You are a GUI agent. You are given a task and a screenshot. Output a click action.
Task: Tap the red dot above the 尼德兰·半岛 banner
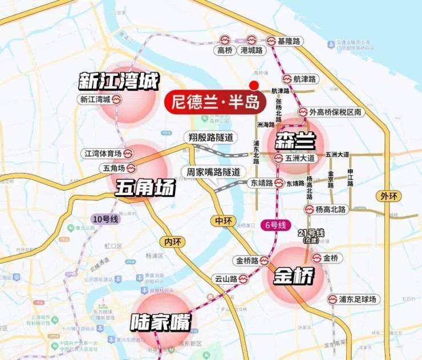pyautogui.click(x=254, y=83)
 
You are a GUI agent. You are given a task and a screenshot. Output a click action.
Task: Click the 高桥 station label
pyautogui.click(x=225, y=50)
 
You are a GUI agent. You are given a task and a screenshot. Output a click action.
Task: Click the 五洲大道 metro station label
pyautogui.click(x=294, y=158)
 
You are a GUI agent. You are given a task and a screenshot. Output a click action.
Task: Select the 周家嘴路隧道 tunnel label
pyautogui.click(x=210, y=172)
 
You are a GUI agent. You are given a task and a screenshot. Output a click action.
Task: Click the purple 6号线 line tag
pyautogui.click(x=275, y=224)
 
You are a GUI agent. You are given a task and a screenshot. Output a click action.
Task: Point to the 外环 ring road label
pyautogui.click(x=388, y=196)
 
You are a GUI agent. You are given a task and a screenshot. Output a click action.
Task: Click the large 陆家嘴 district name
pyautogui.click(x=160, y=323)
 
